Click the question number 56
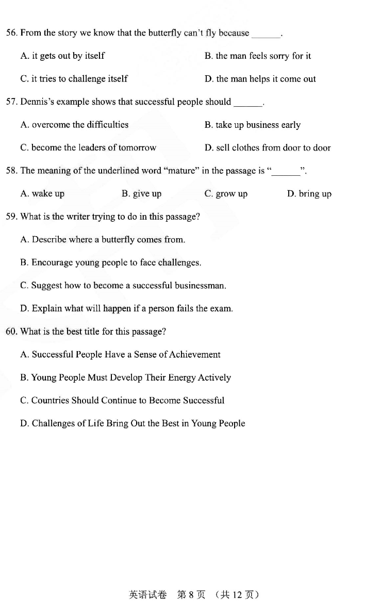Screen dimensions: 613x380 click(11, 33)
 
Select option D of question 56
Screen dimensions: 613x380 click(260, 79)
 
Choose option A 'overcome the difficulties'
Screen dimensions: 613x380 click(74, 125)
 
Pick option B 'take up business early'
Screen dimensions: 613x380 click(252, 125)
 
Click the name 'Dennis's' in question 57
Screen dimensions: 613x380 click(38, 102)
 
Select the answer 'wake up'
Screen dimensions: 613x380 click(42, 194)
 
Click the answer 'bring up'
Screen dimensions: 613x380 click(309, 194)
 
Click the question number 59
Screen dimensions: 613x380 click(11, 217)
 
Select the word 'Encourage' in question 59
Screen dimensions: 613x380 click(52, 262)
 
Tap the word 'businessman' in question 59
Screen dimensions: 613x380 click(200, 286)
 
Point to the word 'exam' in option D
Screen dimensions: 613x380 click(222, 309)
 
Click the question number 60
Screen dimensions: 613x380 click(11, 332)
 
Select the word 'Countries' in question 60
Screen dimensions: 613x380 click(50, 401)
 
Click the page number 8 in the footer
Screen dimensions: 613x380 click(191, 595)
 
